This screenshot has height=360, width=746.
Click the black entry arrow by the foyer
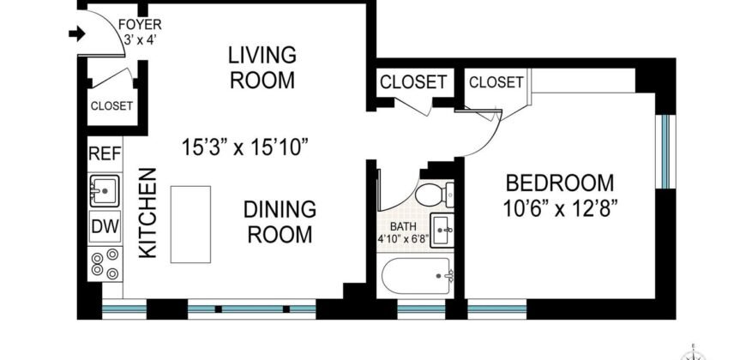(75, 35)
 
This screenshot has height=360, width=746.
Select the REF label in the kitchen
(105, 154)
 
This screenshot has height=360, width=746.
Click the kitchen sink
(105, 189)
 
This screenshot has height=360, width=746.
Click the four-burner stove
(105, 263)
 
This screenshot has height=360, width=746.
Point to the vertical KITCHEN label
(147, 213)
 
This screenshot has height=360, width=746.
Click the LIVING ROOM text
(262, 69)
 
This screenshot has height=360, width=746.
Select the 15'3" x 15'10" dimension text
(244, 147)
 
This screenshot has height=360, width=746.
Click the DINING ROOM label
(280, 221)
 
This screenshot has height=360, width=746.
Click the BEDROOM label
(560, 183)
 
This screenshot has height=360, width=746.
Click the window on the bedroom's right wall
(664, 150)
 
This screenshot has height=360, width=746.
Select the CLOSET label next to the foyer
(111, 106)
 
